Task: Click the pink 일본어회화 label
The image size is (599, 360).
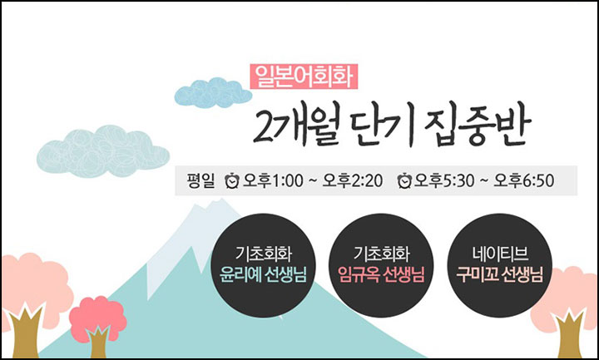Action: click(304, 76)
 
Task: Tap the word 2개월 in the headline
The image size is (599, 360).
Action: click(296, 126)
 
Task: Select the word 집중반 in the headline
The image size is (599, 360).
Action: click(478, 126)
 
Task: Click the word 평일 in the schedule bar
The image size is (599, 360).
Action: click(201, 180)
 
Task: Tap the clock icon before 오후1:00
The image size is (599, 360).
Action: click(232, 180)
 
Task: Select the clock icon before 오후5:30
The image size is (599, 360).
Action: click(404, 180)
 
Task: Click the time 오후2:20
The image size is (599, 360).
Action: click(352, 180)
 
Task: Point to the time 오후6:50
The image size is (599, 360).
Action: click(524, 180)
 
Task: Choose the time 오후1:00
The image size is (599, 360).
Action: click(273, 180)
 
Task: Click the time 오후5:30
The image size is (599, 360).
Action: click(444, 180)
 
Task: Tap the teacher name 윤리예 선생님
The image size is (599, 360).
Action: click(263, 274)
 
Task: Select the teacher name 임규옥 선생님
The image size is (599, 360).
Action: click(381, 274)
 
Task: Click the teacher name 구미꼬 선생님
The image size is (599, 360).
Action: click(500, 274)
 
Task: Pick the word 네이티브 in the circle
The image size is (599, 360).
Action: click(500, 253)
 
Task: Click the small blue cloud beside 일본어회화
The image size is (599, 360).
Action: click(213, 93)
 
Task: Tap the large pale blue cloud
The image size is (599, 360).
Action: click(103, 150)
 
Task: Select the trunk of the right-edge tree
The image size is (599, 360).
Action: click(570, 334)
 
